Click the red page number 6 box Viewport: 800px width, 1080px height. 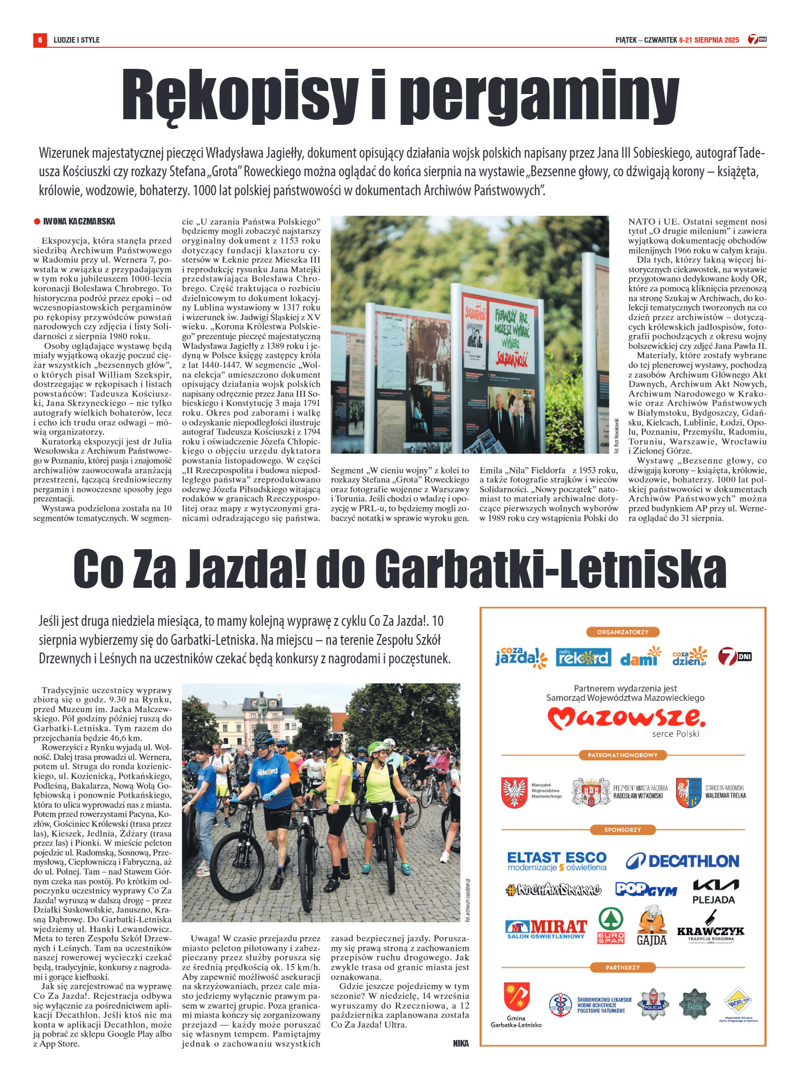pos(40,40)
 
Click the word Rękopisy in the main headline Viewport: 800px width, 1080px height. pos(239,95)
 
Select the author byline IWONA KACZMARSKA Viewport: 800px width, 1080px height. pos(79,221)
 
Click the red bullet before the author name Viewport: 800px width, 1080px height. pos(37,221)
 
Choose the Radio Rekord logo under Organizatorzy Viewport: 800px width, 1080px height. pos(583,657)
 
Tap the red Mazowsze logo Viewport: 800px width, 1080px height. pos(625,718)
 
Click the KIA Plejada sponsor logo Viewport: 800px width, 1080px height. pos(715,891)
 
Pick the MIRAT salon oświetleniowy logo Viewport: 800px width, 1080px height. pos(546,929)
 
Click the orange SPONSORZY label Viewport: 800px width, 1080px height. pos(622,830)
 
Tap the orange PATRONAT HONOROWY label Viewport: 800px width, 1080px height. pos(622,755)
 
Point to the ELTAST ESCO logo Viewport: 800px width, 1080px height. pos(557,861)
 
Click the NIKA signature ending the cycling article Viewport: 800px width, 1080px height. pos(461,1043)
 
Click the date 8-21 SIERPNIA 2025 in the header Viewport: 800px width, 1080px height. pos(709,40)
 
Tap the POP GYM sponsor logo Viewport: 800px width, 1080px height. pos(646,889)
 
